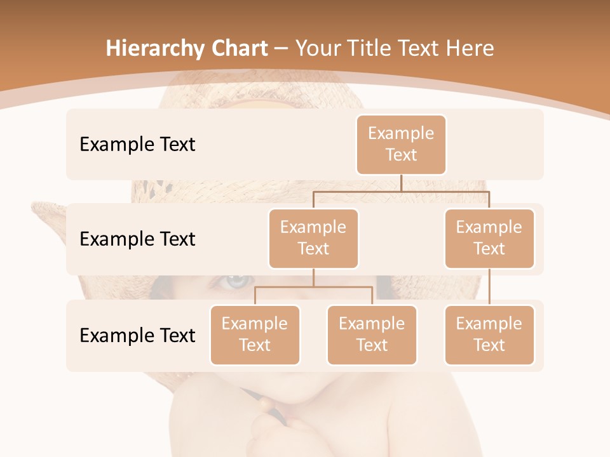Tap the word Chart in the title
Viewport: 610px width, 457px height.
coord(240,49)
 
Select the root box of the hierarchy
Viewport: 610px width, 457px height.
coord(401,144)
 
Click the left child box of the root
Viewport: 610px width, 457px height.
coord(313,238)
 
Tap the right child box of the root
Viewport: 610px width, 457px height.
coord(489,238)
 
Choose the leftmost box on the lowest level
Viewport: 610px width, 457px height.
coord(255,334)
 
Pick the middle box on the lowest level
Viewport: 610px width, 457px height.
coord(372,334)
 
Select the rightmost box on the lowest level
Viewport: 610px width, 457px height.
coord(489,334)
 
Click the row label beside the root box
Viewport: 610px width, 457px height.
coord(137,144)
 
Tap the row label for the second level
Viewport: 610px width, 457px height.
coord(137,239)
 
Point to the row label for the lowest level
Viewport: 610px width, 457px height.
coord(137,335)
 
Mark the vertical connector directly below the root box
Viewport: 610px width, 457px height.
coord(401,183)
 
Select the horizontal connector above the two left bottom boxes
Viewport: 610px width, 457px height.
coord(313,287)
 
